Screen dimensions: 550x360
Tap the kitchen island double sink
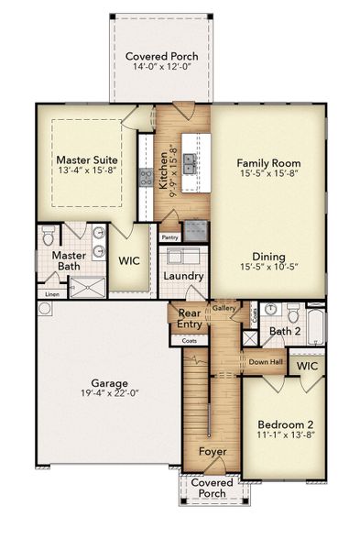point(191,164)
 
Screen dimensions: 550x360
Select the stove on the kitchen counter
point(146,177)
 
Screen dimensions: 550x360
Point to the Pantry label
point(170,237)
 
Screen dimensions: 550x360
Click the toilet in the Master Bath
point(49,237)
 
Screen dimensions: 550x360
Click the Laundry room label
point(182,275)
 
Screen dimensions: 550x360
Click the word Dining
point(268,257)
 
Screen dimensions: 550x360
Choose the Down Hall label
point(265,361)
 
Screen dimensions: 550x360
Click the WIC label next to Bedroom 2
point(308,366)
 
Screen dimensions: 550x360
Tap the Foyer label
point(213,452)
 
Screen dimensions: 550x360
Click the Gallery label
point(224,309)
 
